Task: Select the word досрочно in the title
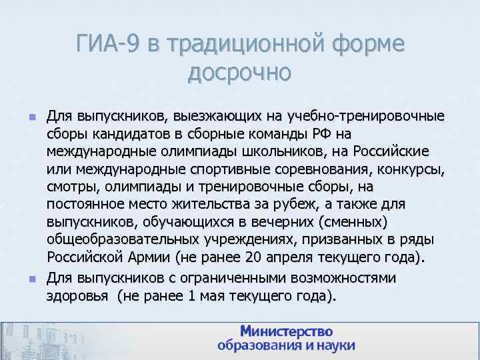[x=239, y=71]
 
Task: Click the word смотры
[x=70, y=181]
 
